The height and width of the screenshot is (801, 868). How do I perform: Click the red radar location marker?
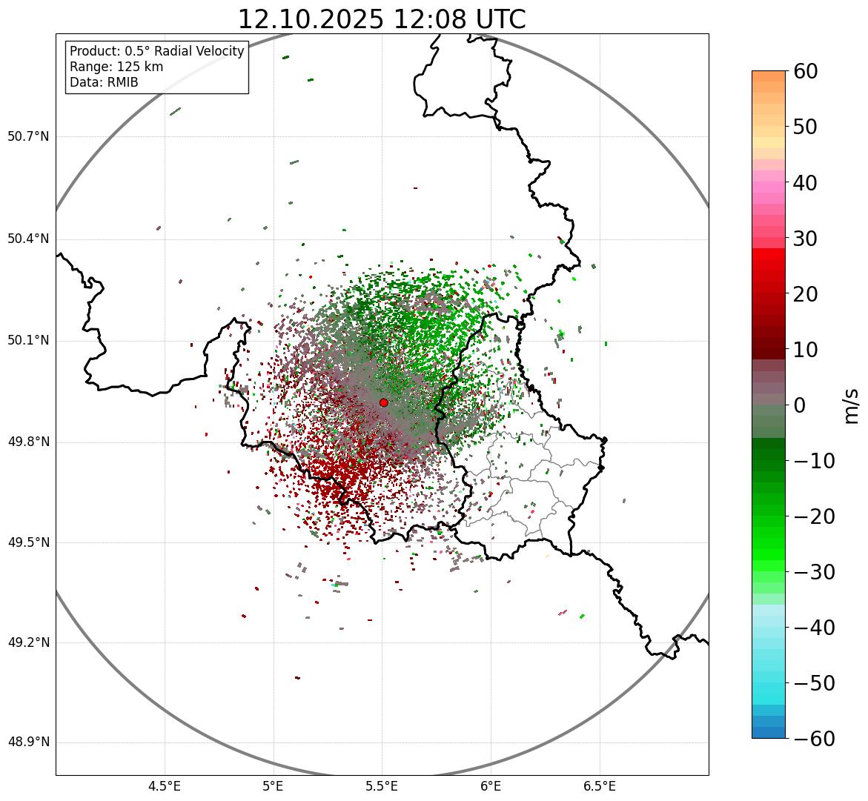[x=383, y=402]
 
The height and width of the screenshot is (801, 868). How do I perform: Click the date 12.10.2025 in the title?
[x=311, y=19]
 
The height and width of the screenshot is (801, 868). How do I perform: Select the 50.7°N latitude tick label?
[x=28, y=136]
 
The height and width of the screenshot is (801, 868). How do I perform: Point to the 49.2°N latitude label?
[x=28, y=642]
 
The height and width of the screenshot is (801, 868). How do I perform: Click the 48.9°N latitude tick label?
[x=28, y=742]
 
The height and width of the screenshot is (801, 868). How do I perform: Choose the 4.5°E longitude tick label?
[x=165, y=785]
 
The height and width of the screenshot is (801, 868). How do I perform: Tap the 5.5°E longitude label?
[x=382, y=785]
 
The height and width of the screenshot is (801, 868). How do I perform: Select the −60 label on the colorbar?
[x=814, y=739]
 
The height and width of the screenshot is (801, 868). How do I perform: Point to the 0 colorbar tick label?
[x=799, y=405]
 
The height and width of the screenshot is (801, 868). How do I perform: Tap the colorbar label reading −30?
[x=814, y=572]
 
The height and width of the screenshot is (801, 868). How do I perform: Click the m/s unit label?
[x=852, y=405]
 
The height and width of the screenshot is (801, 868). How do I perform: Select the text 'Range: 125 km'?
[x=116, y=67]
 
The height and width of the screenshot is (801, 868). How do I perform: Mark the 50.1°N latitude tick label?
[x=28, y=341]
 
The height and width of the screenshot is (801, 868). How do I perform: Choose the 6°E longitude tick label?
[x=491, y=785]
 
